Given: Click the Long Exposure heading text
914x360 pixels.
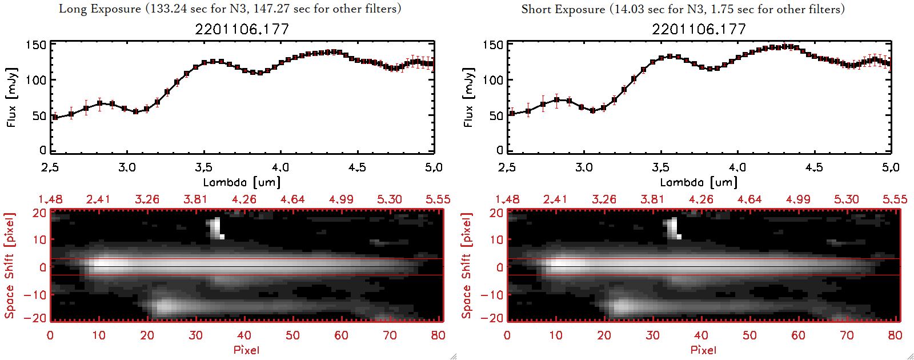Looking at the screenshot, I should tap(230, 9).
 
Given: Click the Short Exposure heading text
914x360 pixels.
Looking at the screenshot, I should tap(683, 9).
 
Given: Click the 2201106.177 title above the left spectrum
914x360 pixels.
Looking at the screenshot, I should tap(242, 29).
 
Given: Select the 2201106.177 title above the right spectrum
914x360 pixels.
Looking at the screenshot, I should tap(699, 29).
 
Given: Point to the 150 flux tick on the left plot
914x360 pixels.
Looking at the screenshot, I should tap(35, 45).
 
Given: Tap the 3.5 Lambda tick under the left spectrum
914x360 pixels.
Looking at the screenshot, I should tap(203, 167).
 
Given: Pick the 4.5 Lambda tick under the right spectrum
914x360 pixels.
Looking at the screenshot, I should tap(814, 167).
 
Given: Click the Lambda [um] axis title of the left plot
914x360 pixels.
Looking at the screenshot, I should tap(242, 182).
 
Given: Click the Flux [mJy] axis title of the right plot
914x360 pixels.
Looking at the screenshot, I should tap(468, 97).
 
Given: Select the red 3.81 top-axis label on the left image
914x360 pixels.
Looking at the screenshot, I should tap(195, 199).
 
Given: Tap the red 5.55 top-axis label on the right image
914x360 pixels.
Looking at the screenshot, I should tap(895, 199).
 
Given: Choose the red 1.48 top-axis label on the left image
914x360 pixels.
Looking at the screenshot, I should tap(50, 199).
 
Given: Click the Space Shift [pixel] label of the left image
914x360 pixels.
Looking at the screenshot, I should tap(9, 266).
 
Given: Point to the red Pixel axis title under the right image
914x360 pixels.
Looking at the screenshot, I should tap(703, 350).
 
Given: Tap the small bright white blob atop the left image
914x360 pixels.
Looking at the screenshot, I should tap(217, 227).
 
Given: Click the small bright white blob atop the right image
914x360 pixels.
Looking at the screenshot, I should tap(674, 227).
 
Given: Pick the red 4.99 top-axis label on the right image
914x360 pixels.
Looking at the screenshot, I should tap(798, 199).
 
